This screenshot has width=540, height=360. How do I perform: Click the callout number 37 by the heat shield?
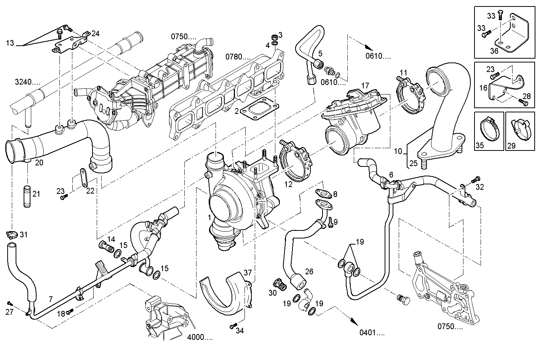pos(248,272)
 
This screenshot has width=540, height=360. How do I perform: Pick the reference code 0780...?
pos(238,57)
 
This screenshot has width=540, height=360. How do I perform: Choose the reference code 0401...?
pos(372,333)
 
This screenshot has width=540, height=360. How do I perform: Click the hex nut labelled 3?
pos(273,37)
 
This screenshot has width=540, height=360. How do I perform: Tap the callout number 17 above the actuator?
pos(365,86)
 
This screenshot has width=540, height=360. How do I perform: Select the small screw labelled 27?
pos(10,303)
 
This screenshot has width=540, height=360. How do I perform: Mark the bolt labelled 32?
pos(474,179)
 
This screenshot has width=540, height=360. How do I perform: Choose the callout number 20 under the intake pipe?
pos(39,163)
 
